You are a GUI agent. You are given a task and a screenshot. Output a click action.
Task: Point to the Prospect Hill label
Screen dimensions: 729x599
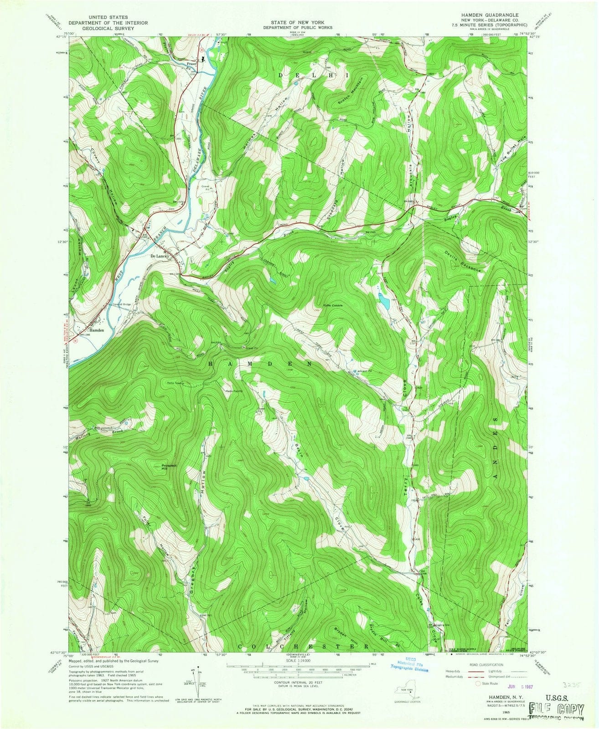tap(169, 467)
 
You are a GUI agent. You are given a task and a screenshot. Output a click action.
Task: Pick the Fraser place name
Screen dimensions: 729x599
tap(191, 64)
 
